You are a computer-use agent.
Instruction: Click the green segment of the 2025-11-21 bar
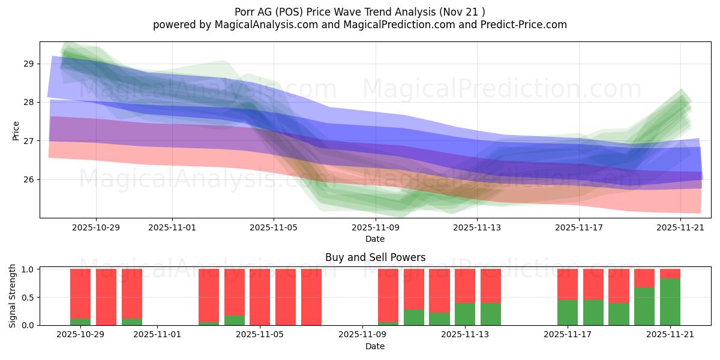[x=670, y=302]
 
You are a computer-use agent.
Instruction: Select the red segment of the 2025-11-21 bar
[x=670, y=274]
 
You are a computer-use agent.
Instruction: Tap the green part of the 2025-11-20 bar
[x=644, y=306]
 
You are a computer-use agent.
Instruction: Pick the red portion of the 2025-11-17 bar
[x=568, y=284]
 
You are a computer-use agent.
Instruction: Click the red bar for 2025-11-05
[x=260, y=297]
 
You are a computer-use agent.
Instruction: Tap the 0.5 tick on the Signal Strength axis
[x=28, y=298]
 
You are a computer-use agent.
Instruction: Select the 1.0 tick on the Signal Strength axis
[x=28, y=269]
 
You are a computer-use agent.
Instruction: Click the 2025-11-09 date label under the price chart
[x=375, y=228]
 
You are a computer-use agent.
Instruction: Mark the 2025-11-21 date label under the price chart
[x=680, y=228]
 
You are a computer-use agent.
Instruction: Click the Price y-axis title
[x=16, y=130]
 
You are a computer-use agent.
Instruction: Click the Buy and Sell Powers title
[x=375, y=257]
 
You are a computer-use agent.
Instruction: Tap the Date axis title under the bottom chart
[x=375, y=346]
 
